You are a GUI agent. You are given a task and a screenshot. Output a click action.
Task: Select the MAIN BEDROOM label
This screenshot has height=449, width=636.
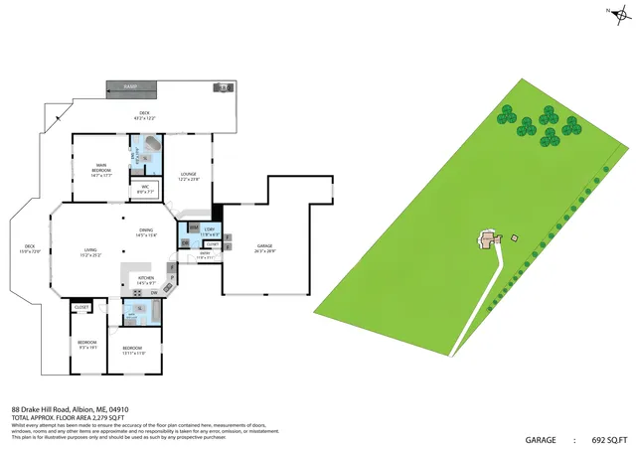101,168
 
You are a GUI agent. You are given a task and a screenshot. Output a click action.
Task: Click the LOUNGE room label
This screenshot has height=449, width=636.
188,176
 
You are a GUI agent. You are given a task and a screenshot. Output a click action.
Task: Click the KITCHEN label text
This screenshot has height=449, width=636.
145,279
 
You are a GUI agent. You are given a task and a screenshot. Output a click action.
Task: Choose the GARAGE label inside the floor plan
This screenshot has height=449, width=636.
265,247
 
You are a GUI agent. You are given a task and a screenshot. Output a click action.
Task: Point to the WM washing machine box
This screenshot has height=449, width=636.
195,227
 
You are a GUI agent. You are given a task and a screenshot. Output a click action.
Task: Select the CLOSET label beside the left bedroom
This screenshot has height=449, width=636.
81,307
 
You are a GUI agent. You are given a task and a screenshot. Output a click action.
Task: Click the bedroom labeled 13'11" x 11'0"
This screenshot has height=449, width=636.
134,350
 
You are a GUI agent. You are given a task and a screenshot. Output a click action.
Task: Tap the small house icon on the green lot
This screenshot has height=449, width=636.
487,238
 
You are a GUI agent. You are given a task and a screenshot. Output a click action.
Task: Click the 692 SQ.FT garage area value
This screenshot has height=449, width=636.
610,438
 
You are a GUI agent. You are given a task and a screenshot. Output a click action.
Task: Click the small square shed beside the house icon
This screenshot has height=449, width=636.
514,236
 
